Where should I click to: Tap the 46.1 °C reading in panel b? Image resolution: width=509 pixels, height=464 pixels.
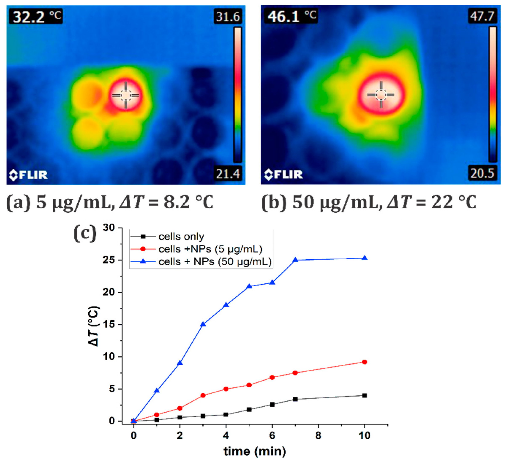(x=291, y=16)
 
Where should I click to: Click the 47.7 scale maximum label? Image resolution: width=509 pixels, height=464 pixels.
(x=482, y=16)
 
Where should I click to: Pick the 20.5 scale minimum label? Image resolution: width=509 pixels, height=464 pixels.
(x=482, y=173)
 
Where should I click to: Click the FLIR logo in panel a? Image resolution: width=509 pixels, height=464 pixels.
(x=28, y=175)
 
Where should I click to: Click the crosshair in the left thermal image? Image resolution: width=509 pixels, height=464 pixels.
(x=125, y=95)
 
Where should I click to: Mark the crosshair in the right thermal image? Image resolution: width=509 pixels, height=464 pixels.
(x=381, y=95)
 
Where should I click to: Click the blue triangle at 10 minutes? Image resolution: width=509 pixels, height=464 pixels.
(x=365, y=258)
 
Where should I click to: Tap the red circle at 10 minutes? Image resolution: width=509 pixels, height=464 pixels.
(x=365, y=362)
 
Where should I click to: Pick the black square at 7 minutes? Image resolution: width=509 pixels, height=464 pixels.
(x=295, y=399)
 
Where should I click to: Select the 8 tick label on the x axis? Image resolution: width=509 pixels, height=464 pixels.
(x=318, y=435)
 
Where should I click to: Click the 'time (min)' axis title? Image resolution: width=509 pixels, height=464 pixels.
(x=254, y=451)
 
